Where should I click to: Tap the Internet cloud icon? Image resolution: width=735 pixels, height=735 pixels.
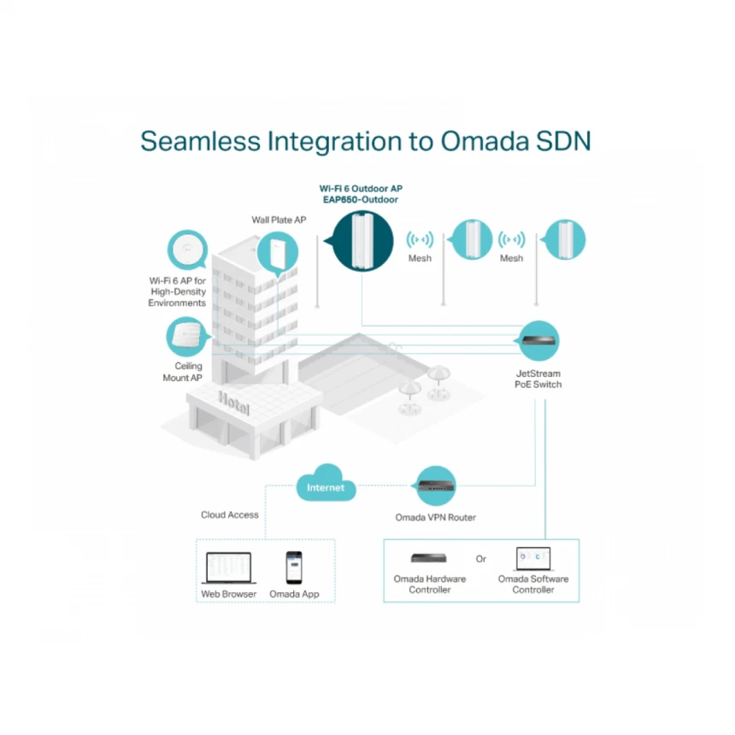click(x=326, y=486)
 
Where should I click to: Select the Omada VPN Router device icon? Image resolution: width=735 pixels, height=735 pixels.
click(x=436, y=486)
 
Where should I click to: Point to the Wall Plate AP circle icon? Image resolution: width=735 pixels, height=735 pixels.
click(x=279, y=252)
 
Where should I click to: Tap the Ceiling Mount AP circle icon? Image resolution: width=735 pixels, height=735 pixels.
click(x=186, y=337)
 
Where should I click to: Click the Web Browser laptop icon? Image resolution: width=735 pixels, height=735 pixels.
click(x=228, y=567)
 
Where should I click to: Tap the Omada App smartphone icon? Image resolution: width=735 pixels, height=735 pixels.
click(x=293, y=567)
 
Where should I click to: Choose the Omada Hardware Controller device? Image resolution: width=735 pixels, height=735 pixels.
click(x=429, y=558)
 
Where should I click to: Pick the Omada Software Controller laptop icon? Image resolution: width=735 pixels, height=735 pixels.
click(x=533, y=559)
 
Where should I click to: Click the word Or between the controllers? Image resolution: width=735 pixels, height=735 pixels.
click(x=481, y=559)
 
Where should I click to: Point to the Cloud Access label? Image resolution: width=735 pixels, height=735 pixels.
click(x=229, y=514)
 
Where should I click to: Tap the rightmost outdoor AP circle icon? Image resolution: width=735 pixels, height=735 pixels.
click(x=564, y=239)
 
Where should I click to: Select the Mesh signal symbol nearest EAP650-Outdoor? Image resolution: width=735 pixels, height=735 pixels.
click(x=419, y=239)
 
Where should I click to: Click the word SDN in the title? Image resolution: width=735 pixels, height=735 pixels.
click(x=561, y=141)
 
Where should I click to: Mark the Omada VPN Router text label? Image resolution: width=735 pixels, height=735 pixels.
click(x=435, y=517)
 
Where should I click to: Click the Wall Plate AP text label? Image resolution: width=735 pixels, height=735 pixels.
click(x=279, y=220)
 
